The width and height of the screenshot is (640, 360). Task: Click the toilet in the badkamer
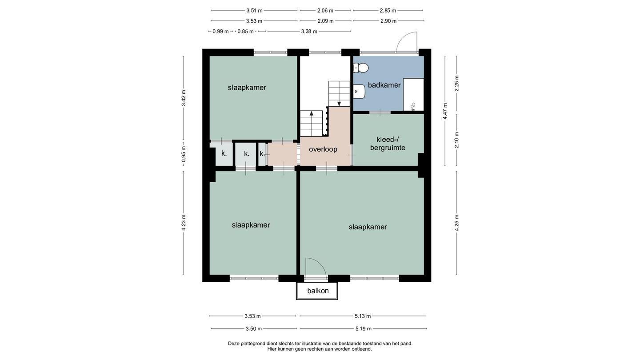(361, 68)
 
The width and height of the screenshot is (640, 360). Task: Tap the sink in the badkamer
(360, 92)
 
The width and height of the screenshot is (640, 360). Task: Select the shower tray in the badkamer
(413, 95)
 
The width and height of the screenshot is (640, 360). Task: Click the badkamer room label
(384, 85)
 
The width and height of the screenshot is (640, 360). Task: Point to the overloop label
(323, 149)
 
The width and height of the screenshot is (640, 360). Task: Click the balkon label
(318, 291)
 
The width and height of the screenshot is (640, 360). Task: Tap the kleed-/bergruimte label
(388, 144)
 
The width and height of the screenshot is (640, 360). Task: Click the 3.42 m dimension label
(184, 98)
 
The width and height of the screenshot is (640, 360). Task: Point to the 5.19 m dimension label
(364, 328)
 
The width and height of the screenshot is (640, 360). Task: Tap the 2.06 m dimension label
(325, 11)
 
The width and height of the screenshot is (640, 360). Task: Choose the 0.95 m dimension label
(184, 154)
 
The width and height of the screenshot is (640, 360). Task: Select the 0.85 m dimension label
(245, 32)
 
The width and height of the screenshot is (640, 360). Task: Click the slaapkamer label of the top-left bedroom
(247, 88)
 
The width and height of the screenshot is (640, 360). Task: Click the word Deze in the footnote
(233, 344)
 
